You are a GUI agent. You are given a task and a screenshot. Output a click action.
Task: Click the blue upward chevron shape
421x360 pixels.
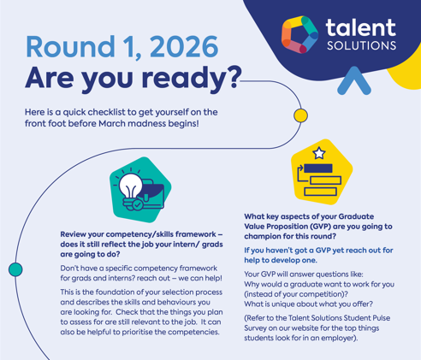click(x=349, y=80)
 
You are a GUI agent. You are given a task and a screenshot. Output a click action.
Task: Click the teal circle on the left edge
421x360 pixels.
click(x=14, y=269)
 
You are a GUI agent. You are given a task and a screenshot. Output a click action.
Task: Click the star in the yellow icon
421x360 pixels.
click(x=319, y=154)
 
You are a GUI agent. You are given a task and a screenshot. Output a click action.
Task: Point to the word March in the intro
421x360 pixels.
click(x=124, y=125)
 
